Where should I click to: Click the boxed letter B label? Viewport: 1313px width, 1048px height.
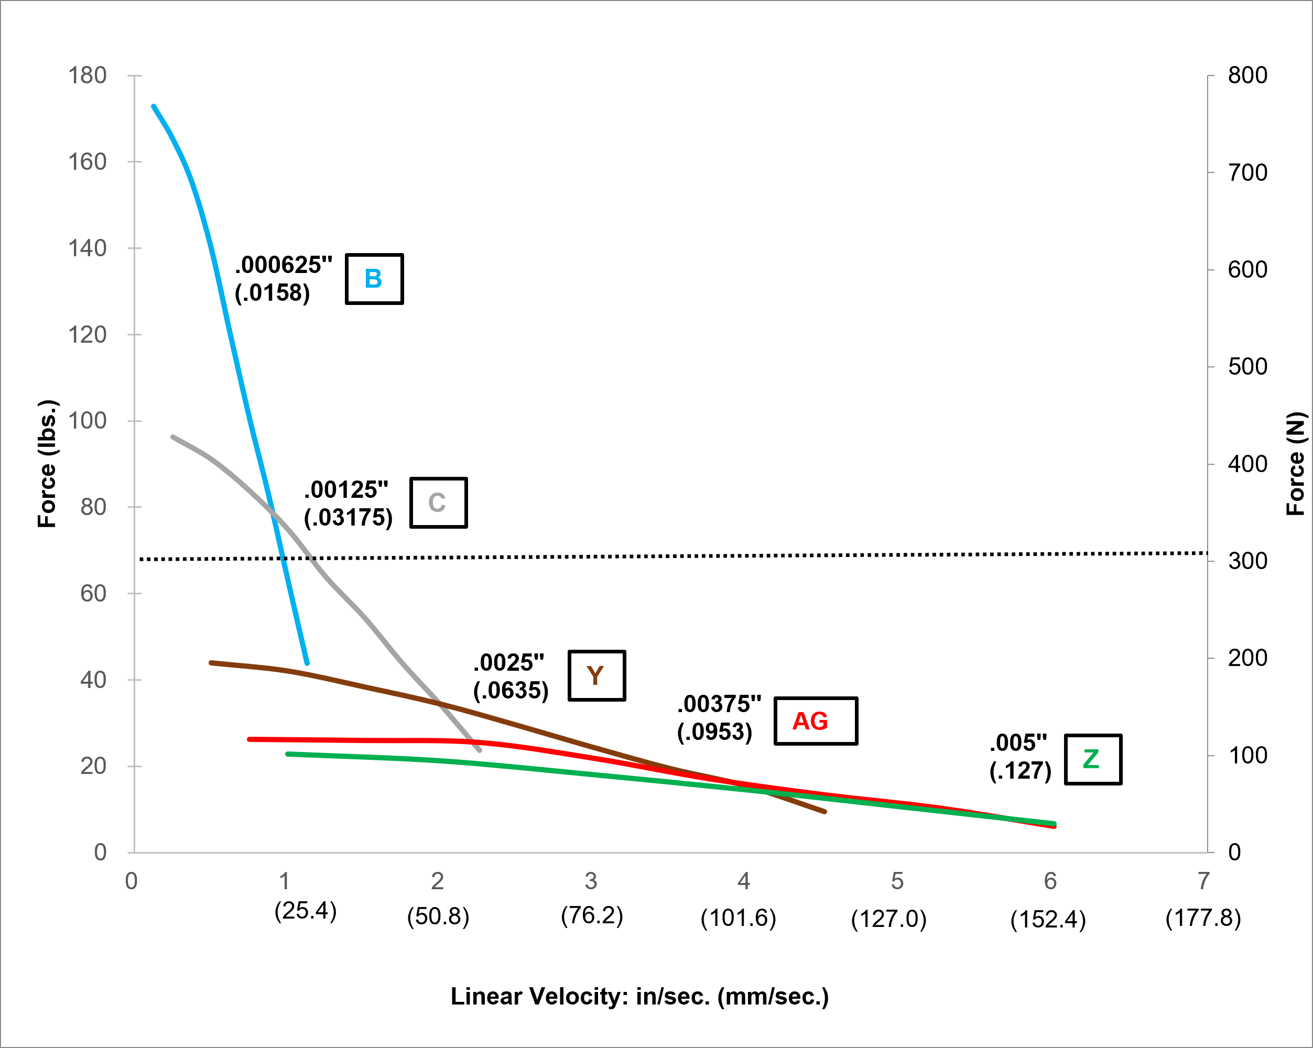coord(374,279)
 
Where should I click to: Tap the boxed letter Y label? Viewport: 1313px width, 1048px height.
coord(596,675)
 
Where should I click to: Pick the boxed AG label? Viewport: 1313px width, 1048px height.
coord(815,721)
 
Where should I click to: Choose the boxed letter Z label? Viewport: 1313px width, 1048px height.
coord(1092,759)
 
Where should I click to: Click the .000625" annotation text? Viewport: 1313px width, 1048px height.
coord(284,266)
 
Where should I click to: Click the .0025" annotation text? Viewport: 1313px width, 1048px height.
coord(509,662)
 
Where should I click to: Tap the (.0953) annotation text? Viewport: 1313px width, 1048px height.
coord(714,732)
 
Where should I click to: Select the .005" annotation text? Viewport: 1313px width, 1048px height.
coord(1018,743)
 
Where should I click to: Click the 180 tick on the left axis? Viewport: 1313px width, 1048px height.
coord(88,75)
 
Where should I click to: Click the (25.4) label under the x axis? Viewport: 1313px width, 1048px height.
coord(305,911)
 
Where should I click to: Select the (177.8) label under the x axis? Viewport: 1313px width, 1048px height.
coord(1203,918)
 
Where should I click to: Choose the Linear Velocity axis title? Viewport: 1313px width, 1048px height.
coord(639,997)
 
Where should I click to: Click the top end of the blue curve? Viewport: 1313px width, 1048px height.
coord(154,106)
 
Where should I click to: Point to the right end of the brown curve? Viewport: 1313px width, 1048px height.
coord(824,812)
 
